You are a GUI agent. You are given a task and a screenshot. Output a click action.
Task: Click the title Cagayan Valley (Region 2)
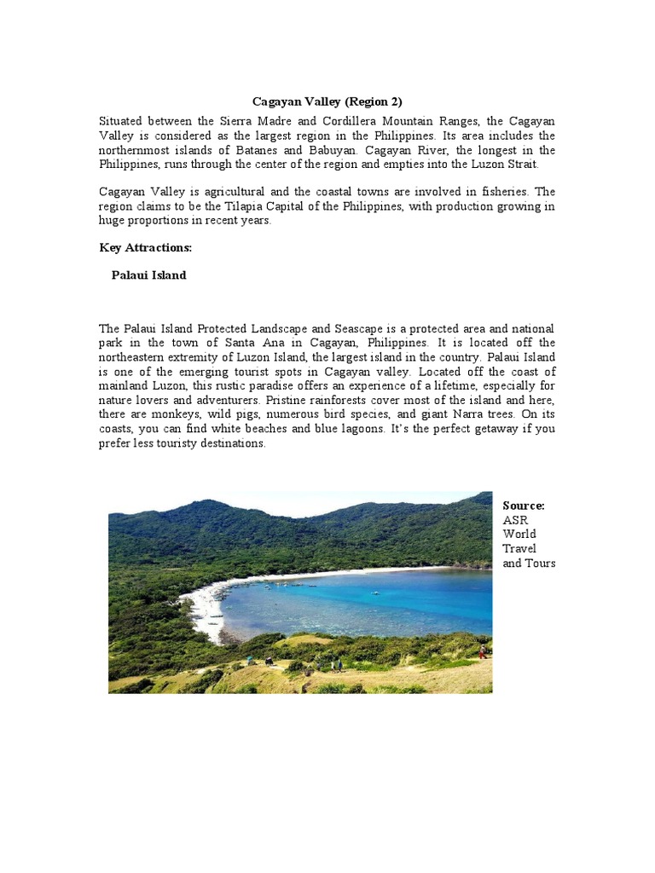(x=327, y=101)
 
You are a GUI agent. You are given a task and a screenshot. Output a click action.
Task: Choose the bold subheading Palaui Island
(x=148, y=275)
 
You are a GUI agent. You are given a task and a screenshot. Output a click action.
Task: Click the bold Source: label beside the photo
(x=524, y=506)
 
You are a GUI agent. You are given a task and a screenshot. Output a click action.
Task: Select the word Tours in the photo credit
(x=541, y=564)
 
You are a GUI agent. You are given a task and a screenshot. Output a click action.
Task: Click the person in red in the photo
(x=482, y=652)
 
